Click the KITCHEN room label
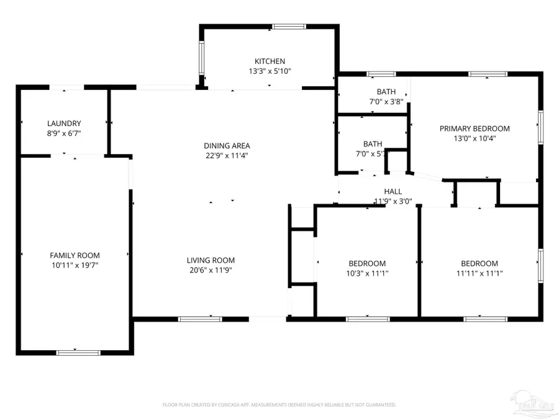pyautogui.click(x=270, y=61)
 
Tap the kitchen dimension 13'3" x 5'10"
pyautogui.click(x=270, y=71)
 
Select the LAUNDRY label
pyautogui.click(x=64, y=124)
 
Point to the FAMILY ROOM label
pyautogui.click(x=75, y=255)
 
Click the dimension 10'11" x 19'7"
pyautogui.click(x=75, y=265)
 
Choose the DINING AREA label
pyautogui.click(x=227, y=146)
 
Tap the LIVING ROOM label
pyautogui.click(x=211, y=260)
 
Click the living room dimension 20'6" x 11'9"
pyautogui.click(x=211, y=270)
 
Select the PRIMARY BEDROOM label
pyautogui.click(x=475, y=128)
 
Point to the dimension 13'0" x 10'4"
pyautogui.click(x=475, y=138)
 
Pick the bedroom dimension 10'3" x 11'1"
pyautogui.click(x=366, y=273)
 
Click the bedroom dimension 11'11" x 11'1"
pyautogui.click(x=479, y=273)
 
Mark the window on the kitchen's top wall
pyautogui.click(x=289, y=27)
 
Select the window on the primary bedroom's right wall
pyautogui.click(x=540, y=128)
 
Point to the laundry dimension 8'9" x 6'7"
pyautogui.click(x=64, y=133)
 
